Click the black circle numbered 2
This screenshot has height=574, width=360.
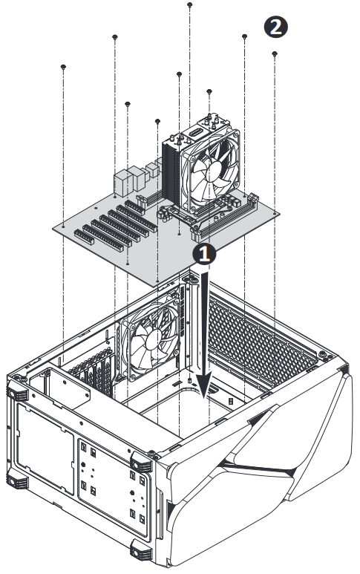(275, 27)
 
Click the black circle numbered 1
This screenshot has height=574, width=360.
(205, 253)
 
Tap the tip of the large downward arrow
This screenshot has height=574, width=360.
(203, 398)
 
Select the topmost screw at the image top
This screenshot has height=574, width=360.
(189, 4)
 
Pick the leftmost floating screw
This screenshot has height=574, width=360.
(63, 67)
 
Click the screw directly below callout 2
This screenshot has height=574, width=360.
(275, 53)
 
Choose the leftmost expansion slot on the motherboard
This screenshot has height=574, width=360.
(84, 237)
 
